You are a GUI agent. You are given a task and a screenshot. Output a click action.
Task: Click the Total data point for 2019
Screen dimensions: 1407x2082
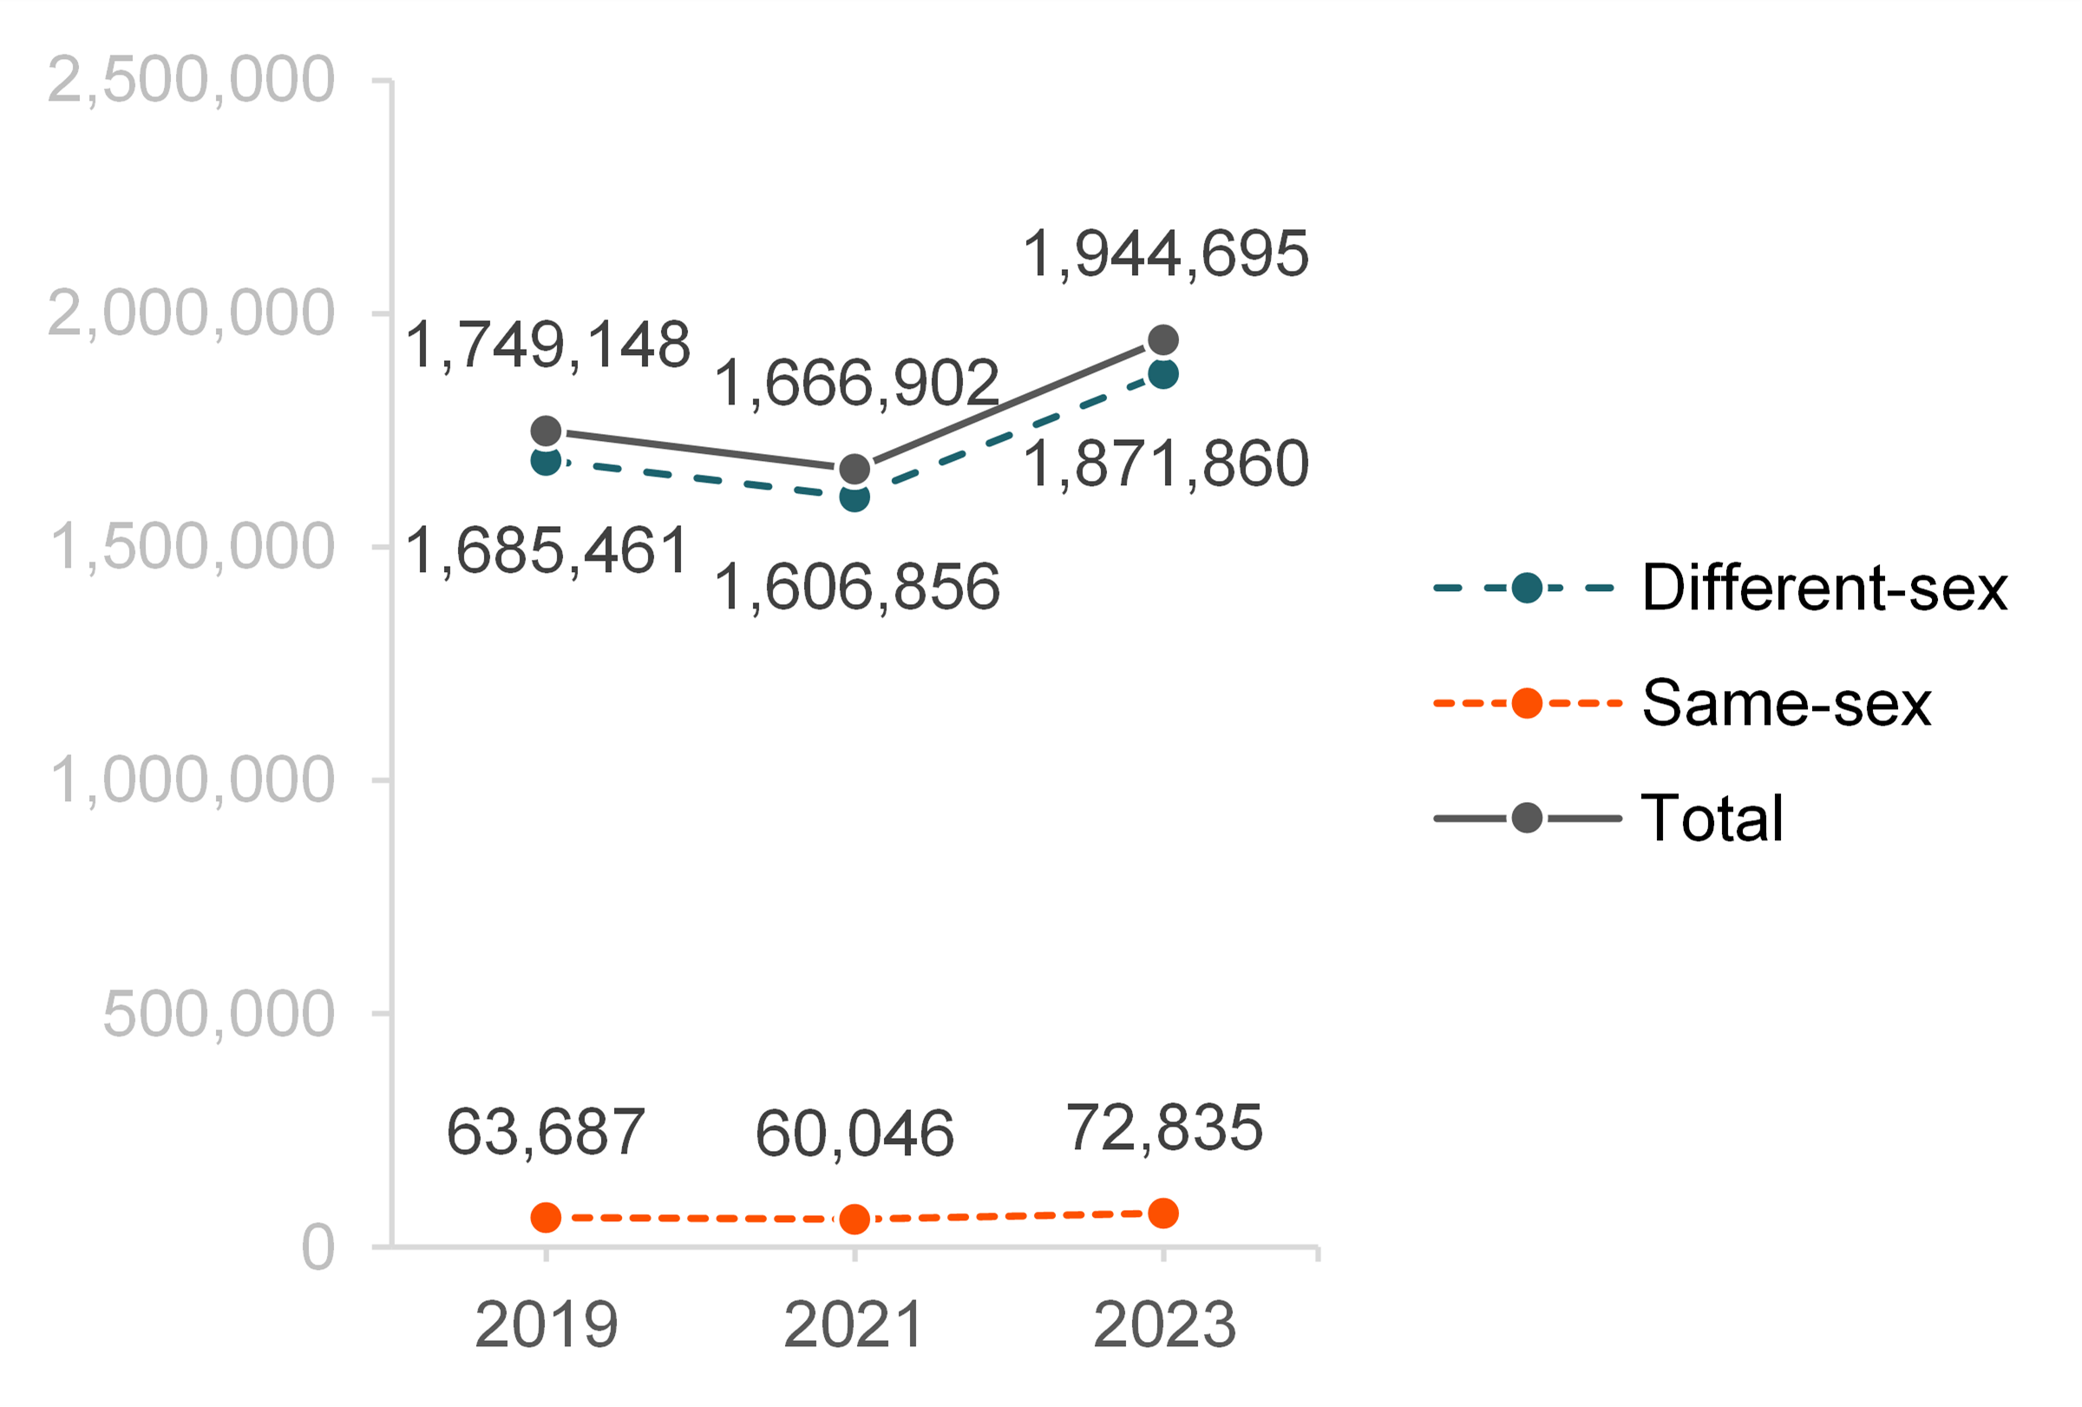point(546,431)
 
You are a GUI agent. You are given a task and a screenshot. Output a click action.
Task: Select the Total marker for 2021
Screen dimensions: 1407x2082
point(854,469)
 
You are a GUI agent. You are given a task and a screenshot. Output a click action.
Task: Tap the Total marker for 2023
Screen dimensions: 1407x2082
point(1162,340)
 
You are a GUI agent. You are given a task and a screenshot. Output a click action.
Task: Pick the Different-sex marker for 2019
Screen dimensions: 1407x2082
point(546,462)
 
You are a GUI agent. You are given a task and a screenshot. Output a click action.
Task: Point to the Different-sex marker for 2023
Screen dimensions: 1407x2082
point(1162,374)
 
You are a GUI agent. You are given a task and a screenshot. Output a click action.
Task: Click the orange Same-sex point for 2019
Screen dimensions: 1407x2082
point(546,1217)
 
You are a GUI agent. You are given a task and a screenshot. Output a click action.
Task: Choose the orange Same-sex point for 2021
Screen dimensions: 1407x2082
point(854,1219)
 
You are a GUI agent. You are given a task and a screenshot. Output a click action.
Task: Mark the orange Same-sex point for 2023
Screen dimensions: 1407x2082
point(1162,1213)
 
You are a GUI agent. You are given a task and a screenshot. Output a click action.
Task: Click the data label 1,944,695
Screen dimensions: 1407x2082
point(1166,254)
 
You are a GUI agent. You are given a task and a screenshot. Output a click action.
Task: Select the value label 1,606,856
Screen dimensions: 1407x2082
point(856,588)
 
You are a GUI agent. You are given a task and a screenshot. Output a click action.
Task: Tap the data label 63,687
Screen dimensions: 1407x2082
point(546,1132)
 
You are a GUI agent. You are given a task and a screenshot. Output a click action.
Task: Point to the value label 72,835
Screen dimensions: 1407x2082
point(1165,1128)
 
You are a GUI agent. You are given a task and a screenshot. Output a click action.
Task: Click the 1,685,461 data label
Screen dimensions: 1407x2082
point(547,550)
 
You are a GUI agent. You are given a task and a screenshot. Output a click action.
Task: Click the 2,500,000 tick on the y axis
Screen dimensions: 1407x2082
point(191,81)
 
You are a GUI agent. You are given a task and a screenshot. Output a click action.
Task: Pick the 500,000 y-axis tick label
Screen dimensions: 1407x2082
point(219,1015)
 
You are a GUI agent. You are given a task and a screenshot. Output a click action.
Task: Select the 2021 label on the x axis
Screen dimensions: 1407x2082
point(854,1325)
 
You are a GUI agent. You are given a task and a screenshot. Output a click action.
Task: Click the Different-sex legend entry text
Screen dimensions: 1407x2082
point(1824,588)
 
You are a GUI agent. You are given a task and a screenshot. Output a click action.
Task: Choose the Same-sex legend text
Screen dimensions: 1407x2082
point(1786,703)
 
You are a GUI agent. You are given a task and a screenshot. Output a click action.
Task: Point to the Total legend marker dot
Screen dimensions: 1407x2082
point(1527,819)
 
